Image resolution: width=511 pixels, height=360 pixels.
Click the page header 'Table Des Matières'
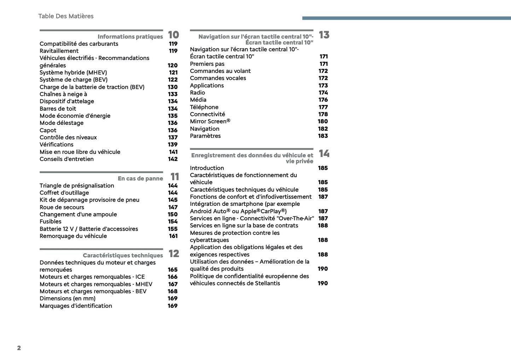pos(66,16)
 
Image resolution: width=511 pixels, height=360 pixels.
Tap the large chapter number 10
pos(173,35)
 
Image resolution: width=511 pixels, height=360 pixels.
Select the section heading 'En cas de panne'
pos(140,179)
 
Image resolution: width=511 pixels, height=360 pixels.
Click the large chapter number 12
pos(174,254)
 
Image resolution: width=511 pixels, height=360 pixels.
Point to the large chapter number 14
pos(324,153)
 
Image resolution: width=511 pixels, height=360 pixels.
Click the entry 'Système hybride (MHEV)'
pos(73,72)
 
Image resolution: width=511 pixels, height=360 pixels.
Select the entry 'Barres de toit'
pos(58,109)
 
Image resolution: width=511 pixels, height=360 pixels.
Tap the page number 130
pos(173,87)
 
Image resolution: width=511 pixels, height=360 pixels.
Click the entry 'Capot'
pos(48,130)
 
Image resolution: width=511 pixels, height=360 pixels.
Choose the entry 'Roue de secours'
pos(62,207)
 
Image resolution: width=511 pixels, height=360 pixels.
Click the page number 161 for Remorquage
pos(173,236)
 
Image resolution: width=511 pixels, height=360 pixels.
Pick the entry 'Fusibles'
pos(51,221)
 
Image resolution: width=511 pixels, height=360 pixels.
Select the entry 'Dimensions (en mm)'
pos(68,298)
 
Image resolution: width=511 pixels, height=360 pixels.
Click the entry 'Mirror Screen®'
pos(210,121)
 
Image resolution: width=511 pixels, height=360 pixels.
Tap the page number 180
pos(323,121)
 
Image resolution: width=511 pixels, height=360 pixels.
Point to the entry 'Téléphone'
pos(204,107)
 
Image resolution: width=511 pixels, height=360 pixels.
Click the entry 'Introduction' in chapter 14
pos(207,168)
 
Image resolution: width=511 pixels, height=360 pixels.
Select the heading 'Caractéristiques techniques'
pos(123,255)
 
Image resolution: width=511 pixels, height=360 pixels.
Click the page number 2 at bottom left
pos(19,348)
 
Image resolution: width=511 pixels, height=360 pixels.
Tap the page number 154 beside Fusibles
pos(173,221)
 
